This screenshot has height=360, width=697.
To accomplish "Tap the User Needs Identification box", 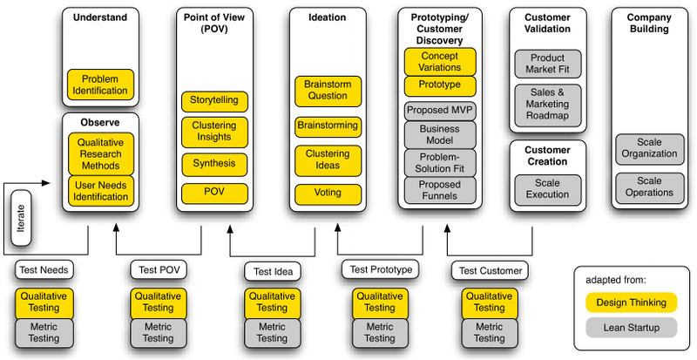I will pos(100,190).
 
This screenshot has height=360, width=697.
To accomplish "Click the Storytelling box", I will pos(214,100).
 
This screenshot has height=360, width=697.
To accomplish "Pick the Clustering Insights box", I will pos(214,132).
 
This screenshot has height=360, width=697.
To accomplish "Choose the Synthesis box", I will pos(214,163).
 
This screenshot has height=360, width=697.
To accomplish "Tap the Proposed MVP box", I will pos(440,111).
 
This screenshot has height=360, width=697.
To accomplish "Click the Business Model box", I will pos(440,134).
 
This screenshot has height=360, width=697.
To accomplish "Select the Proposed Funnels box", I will pos(440,190).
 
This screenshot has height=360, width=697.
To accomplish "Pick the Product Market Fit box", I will pos(548,65).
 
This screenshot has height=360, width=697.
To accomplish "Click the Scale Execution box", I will pos(548,188).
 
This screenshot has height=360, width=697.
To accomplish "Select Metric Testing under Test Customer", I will pos(490,332).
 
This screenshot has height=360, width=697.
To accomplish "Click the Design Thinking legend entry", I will pos(633,302).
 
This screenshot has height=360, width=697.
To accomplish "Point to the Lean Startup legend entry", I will pos(633,329).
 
